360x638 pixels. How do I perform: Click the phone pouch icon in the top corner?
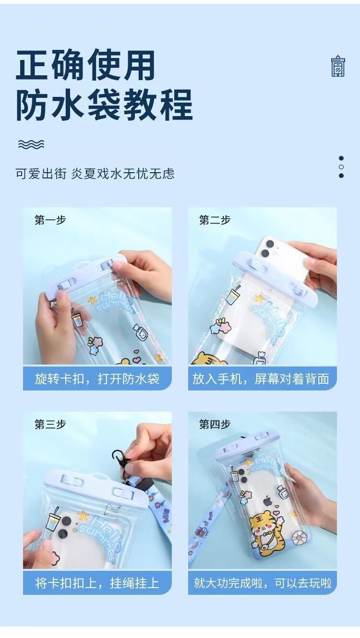[x=338, y=66]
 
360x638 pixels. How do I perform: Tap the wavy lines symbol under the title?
[x=31, y=144]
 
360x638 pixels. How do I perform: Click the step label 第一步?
[x=50, y=220]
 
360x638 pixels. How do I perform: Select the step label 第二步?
[x=215, y=220]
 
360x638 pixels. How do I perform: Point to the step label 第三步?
[x=50, y=424]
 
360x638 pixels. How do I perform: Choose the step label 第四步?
[x=215, y=424]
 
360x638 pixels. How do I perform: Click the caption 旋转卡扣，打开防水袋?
[x=97, y=379]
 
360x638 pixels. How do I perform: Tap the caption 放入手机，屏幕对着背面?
[x=261, y=379]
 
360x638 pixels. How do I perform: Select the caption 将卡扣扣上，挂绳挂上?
[x=97, y=583]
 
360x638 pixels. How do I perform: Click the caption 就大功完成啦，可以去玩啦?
[x=263, y=583]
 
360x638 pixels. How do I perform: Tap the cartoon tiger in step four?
[x=265, y=529]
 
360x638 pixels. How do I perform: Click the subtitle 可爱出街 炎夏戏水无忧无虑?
[x=95, y=173]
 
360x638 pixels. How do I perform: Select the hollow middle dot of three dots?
[x=341, y=166]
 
